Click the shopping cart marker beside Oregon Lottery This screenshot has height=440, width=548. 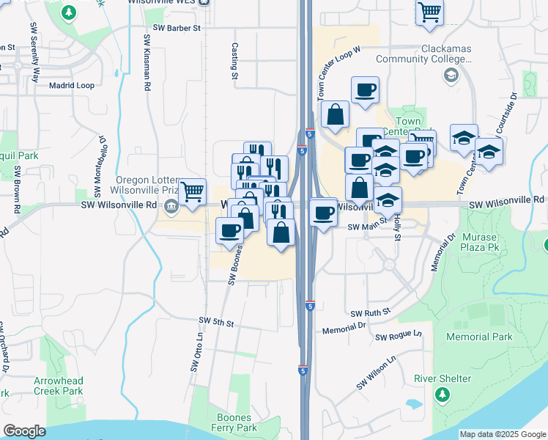pyautogui.click(x=192, y=192)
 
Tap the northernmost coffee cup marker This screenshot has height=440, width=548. pyautogui.click(x=365, y=91)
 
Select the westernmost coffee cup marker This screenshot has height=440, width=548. pyautogui.click(x=229, y=231)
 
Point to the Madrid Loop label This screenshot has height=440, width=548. pyautogui.click(x=72, y=85)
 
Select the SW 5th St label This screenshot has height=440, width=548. pyautogui.click(x=216, y=322)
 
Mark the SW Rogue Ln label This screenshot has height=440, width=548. pyautogui.click(x=399, y=336)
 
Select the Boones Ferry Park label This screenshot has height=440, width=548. pyautogui.click(x=233, y=422)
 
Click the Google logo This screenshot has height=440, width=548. pyautogui.click(x=24, y=431)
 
